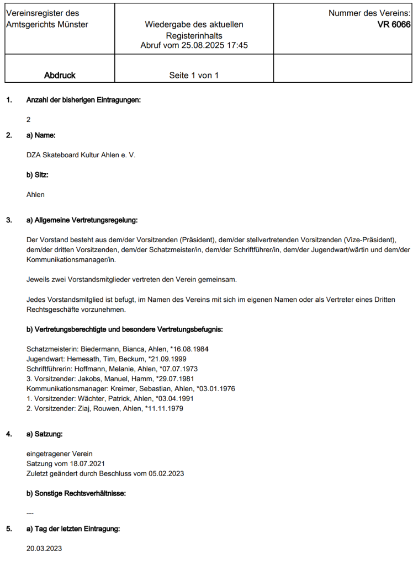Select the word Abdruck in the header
(x=60, y=75)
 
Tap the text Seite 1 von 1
(x=194, y=75)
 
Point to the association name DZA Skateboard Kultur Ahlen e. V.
(x=81, y=155)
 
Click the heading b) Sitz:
(x=38, y=175)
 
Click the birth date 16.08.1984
(x=190, y=349)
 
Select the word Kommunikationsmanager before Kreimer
(x=62, y=388)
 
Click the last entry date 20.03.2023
(x=44, y=548)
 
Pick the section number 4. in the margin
(x=9, y=434)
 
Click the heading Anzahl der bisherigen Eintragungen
(x=83, y=100)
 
